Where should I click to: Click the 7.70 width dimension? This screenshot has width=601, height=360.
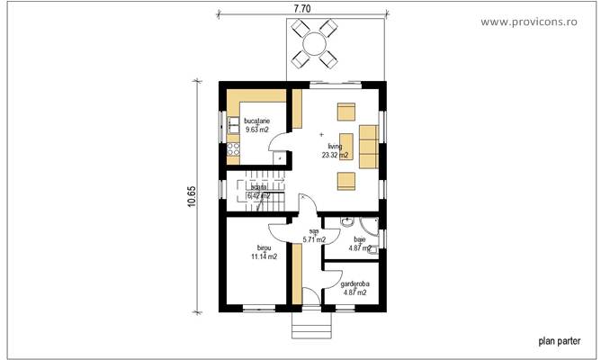pyautogui.click(x=302, y=8)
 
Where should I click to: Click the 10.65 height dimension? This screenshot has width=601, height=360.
pyautogui.click(x=191, y=196)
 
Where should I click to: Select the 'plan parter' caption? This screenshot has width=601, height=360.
pyautogui.click(x=560, y=341)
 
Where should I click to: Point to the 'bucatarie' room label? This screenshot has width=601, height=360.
pyautogui.click(x=256, y=121)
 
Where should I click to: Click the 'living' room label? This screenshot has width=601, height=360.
pyautogui.click(x=335, y=146)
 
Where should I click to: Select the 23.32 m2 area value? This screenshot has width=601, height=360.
pyautogui.click(x=335, y=155)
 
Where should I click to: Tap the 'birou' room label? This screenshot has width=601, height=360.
pyautogui.click(x=264, y=247)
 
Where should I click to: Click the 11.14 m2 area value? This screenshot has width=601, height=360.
pyautogui.click(x=264, y=256)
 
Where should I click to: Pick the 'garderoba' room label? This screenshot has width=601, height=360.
pyautogui.click(x=354, y=283)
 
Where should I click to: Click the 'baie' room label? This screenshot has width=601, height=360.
pyautogui.click(x=360, y=239)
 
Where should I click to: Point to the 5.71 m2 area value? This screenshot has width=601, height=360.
pyautogui.click(x=314, y=240)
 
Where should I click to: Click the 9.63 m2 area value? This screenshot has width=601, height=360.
pyautogui.click(x=256, y=130)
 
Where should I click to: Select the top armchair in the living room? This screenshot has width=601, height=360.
pyautogui.click(x=345, y=112)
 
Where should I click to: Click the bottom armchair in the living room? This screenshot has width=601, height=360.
pyautogui.click(x=345, y=182)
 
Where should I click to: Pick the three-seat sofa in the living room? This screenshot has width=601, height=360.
pyautogui.click(x=367, y=147)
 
